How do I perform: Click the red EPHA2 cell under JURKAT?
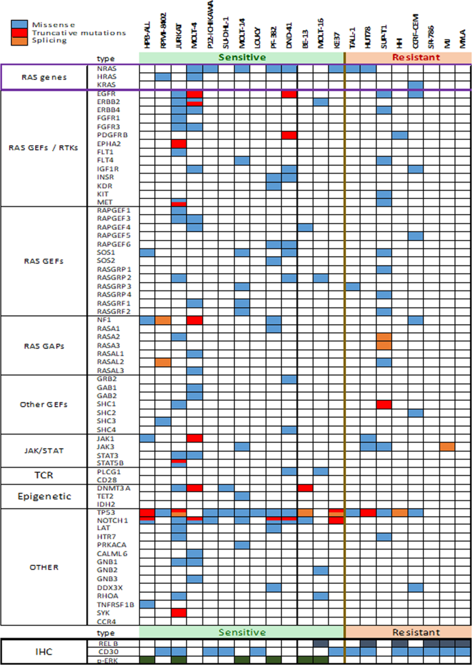(179, 143)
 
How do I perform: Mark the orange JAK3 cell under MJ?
(447, 447)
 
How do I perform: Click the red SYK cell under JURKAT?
(179, 612)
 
